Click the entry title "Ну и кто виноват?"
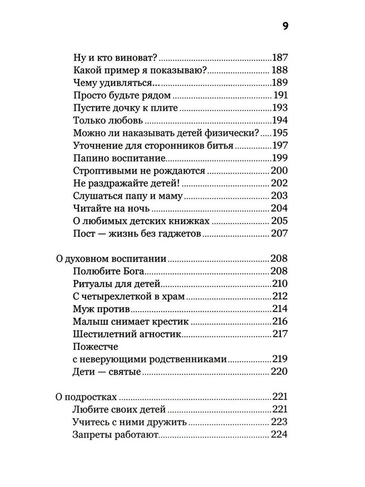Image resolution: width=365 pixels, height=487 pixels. (113, 57)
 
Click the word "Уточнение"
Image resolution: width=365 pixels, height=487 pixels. (97, 146)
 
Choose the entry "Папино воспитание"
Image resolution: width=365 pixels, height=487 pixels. (119, 158)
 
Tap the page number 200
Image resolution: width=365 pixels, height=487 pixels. (279, 171)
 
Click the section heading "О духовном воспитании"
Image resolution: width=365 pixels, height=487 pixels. (111, 259)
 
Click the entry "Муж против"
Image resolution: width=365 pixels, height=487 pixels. (101, 309)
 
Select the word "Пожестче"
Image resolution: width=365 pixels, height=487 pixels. (95, 347)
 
